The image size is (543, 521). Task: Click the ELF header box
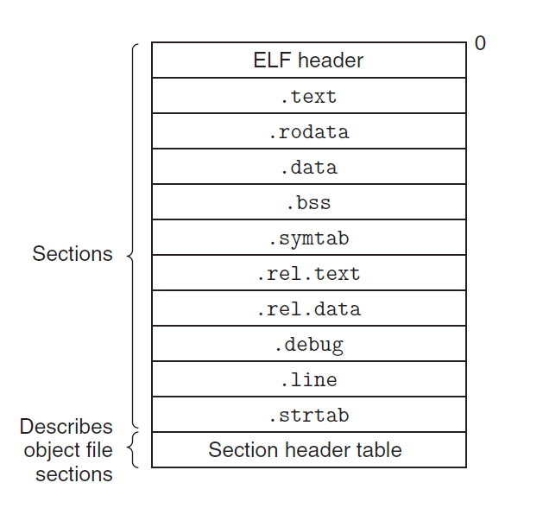pos(308,60)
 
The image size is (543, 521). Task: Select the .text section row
pos(308,96)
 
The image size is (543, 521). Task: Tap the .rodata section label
pos(308,132)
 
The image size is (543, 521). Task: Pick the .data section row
pos(308,168)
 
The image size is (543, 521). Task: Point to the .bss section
pos(308,203)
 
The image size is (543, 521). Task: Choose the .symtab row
pos(308,238)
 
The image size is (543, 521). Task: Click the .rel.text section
pos(308,274)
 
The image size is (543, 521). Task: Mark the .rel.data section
pos(308,309)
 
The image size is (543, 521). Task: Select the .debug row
pos(308,345)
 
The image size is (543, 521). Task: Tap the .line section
pos(308,380)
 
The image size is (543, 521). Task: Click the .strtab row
pos(308,416)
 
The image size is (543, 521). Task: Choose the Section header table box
pos(308,450)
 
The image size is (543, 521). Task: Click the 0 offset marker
pos(480,43)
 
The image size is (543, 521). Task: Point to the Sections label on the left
pos(73,254)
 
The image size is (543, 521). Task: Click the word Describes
pos(66,427)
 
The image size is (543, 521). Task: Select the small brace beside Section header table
pos(133,450)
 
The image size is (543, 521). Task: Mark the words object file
pos(68,450)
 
